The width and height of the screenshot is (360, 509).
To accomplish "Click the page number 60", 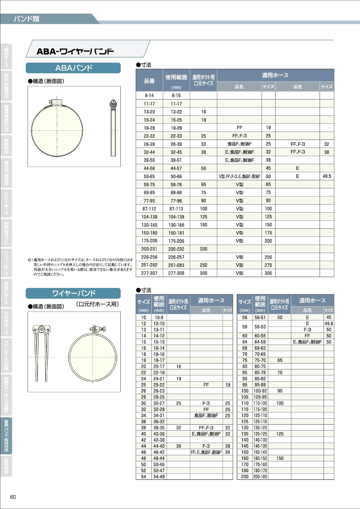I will [x=13, y=497].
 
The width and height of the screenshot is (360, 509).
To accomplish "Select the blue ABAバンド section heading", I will [x=73, y=68].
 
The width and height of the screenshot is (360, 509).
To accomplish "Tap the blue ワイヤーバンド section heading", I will [x=73, y=293].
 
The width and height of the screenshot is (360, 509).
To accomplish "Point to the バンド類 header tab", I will [x=26, y=19].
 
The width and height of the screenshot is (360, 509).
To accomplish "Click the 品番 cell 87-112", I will [x=149, y=209].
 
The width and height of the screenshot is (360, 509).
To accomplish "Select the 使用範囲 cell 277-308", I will [x=176, y=273].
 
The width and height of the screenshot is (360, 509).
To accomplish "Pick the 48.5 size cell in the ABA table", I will [x=327, y=176].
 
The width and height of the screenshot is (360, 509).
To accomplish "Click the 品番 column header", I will [x=149, y=80].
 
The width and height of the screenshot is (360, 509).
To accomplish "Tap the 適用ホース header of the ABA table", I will [x=275, y=75].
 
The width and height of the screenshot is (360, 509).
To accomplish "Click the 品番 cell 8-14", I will [x=149, y=96].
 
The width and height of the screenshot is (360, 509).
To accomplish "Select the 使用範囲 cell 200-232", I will [x=176, y=249].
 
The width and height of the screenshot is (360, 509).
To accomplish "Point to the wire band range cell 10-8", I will [x=159, y=317].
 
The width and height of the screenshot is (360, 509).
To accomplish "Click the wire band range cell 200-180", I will [x=260, y=477].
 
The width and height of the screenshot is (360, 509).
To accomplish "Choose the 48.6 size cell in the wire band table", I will [x=329, y=323].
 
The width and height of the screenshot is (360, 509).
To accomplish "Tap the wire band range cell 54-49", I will [x=159, y=477].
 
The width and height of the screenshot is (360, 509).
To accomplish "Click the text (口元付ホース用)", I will [x=98, y=304].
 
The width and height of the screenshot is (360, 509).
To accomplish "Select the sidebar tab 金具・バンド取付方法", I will [x=6, y=435].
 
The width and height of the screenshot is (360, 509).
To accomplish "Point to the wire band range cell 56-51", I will [x=260, y=317].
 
